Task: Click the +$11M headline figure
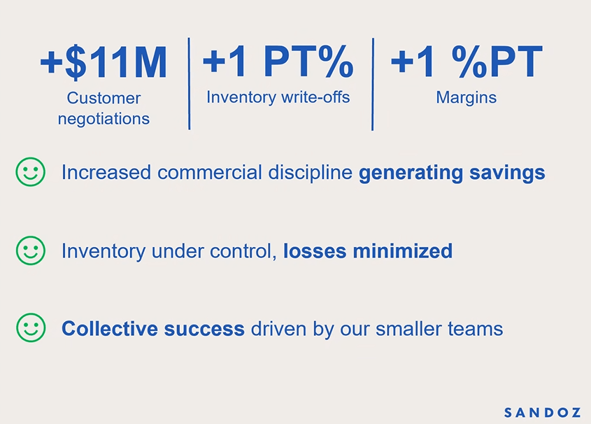point(104,62)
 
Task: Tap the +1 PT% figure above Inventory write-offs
point(278,61)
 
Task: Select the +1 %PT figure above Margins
point(467,61)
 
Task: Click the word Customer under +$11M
point(104,99)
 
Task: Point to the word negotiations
point(104,120)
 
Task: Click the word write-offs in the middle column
point(315,97)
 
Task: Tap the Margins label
point(467,98)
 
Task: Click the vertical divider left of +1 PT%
point(190,84)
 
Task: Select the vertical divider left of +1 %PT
point(373,85)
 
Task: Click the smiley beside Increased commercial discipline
point(31,172)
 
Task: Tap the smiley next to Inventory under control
point(31,250)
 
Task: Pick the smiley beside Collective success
point(31,328)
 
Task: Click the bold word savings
point(507,173)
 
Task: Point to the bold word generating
point(411,174)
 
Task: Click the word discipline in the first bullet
point(311,173)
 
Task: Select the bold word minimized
point(403,251)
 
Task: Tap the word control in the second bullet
point(243,251)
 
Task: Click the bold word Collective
point(110,329)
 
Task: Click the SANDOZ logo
point(542,413)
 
